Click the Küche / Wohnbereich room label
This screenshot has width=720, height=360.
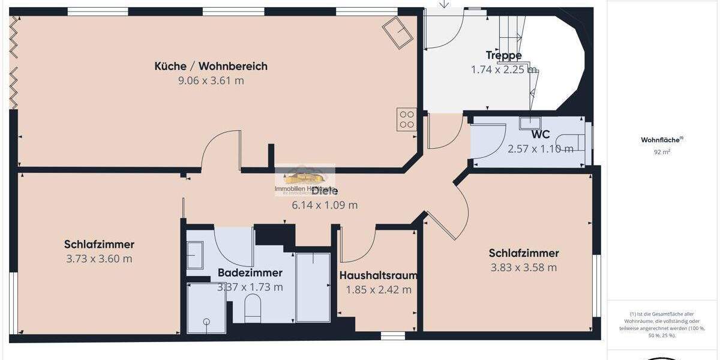point(211,66)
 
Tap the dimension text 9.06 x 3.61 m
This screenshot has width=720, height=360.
point(211,80)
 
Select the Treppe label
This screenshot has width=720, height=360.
point(503,55)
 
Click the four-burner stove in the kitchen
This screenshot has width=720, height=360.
point(407,119)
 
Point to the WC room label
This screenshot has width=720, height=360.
point(541,135)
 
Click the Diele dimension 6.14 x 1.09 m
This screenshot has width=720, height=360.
point(325,205)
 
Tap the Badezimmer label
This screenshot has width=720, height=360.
point(250,272)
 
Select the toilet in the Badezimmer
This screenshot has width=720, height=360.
point(253,307)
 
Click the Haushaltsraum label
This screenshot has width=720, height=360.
point(378,275)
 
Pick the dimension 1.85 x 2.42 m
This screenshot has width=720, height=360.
point(378,290)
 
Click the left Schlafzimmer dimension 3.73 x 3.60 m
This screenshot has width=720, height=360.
point(99,259)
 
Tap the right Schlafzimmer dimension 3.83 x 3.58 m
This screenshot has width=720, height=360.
point(524,268)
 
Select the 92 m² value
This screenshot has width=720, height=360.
point(662,152)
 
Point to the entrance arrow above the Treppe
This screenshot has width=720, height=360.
point(444,4)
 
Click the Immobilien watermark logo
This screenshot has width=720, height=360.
point(304,179)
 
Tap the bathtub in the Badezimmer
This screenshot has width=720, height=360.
point(313,287)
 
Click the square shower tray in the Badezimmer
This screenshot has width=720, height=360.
point(206,307)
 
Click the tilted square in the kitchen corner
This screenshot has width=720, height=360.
point(398,32)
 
